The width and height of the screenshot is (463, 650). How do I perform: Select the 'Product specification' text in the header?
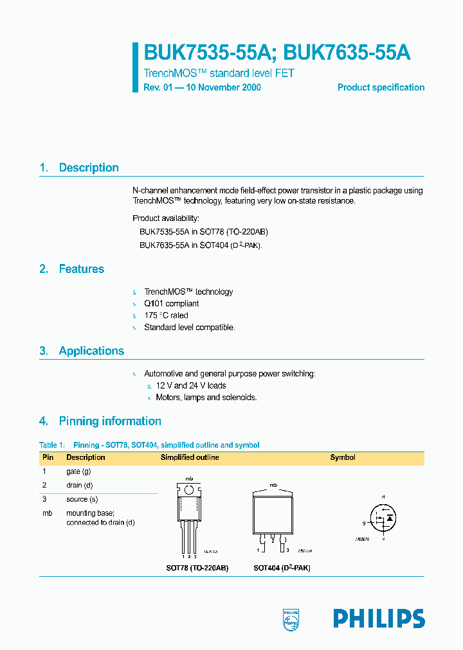coord(381,87)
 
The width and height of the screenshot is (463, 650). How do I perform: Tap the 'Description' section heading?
coord(89,168)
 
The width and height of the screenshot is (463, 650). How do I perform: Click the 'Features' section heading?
coord(81,269)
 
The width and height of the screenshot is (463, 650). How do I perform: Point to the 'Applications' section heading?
coord(91,351)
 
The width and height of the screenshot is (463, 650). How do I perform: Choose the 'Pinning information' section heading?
coord(110,421)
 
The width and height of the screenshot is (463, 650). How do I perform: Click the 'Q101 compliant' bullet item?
coord(171,304)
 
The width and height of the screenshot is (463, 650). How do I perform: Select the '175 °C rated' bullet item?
coord(166,315)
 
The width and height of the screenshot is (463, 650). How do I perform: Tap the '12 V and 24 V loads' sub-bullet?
coord(191,385)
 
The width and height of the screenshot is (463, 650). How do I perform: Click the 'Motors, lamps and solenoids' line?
coord(206,398)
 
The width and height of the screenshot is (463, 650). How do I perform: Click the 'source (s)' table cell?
coord(82,499)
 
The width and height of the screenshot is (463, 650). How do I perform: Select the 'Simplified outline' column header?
coord(190,457)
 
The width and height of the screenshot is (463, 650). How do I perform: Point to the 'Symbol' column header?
coord(343,457)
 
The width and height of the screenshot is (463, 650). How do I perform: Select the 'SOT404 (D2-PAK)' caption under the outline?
coord(282,568)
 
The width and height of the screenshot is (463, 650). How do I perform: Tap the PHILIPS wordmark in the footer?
coord(379,619)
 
